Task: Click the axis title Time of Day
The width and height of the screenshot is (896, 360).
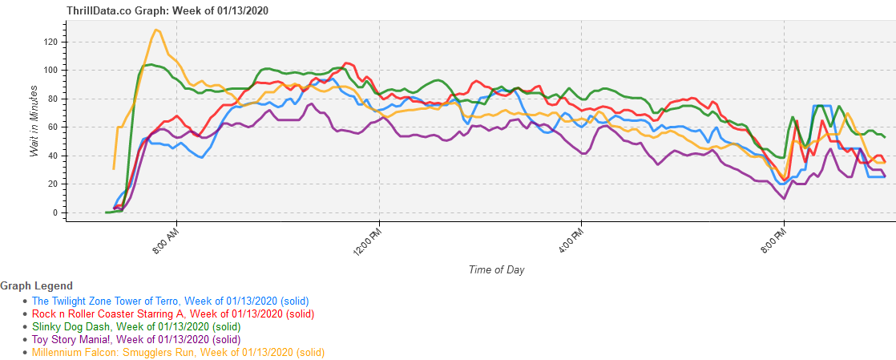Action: [x=496, y=269]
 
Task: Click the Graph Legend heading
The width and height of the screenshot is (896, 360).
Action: [x=37, y=285]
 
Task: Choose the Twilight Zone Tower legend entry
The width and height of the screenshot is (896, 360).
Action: [x=170, y=301]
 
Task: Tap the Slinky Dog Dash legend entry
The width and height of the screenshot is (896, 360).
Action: [x=135, y=326]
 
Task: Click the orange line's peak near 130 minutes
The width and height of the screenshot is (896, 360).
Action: [x=156, y=30]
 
